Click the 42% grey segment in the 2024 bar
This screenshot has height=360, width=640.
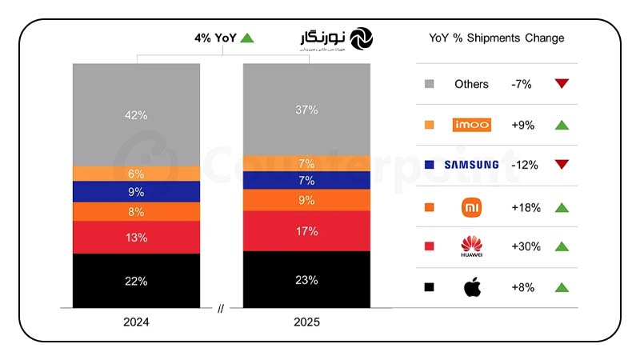coord(136,114)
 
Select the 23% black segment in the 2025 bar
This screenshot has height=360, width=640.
coord(306,280)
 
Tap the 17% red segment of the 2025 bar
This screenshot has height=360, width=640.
coord(306,231)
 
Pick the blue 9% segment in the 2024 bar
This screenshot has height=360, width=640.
coord(136,192)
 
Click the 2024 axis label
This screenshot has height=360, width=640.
coord(136,322)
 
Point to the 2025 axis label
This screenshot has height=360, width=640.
coord(306,322)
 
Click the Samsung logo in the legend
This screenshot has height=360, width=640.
coord(471,165)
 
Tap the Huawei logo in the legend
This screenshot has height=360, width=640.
coord(471,246)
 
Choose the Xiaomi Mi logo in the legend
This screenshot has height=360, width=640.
coord(471,207)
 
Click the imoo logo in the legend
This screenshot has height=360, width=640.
coord(471,125)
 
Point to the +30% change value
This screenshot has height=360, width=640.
coord(526,246)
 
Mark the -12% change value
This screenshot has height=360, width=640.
coord(524,165)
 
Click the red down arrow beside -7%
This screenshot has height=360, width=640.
coord(562,83)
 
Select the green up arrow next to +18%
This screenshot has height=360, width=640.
coord(562,207)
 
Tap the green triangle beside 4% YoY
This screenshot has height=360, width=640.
coord(247,38)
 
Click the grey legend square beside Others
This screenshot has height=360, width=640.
coord(430,84)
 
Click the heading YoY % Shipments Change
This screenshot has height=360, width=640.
coord(496,38)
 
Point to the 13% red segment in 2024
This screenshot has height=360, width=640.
coord(136,237)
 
